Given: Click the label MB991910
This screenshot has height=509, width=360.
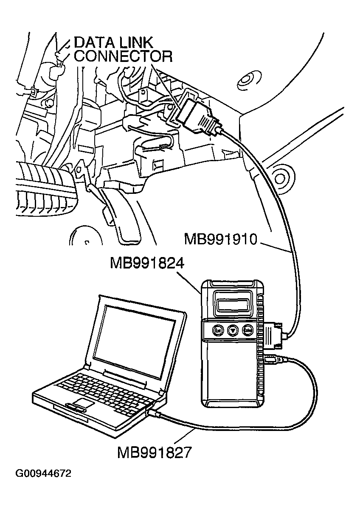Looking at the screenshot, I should pyautogui.click(x=221, y=239).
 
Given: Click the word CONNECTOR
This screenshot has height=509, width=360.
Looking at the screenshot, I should pyautogui.click(x=123, y=56).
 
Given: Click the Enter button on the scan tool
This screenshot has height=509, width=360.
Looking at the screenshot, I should pyautogui.click(x=247, y=330).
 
